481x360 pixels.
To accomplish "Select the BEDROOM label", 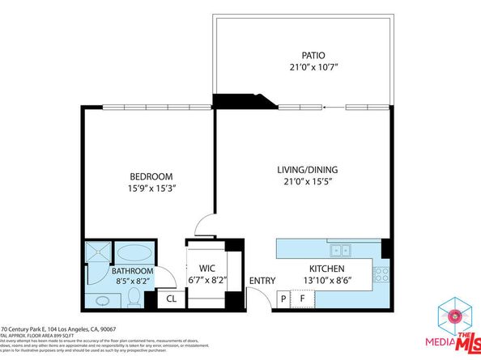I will click(x=152, y=176).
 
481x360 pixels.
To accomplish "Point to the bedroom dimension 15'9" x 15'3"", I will click(x=152, y=188).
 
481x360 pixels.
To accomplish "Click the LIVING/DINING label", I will click(x=307, y=170).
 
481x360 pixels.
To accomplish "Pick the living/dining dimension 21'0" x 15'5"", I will click(x=307, y=182).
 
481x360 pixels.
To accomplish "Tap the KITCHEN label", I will click(x=327, y=269).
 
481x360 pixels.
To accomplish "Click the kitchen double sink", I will click(x=340, y=249).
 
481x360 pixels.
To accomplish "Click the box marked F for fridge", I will click(x=303, y=298).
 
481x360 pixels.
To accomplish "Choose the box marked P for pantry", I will click(x=283, y=298).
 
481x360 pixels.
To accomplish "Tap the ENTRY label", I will click(x=262, y=281).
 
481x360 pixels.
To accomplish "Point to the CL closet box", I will click(x=172, y=299).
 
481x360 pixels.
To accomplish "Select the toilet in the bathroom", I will click(x=134, y=299).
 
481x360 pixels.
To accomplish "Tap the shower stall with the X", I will click(x=97, y=253).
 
